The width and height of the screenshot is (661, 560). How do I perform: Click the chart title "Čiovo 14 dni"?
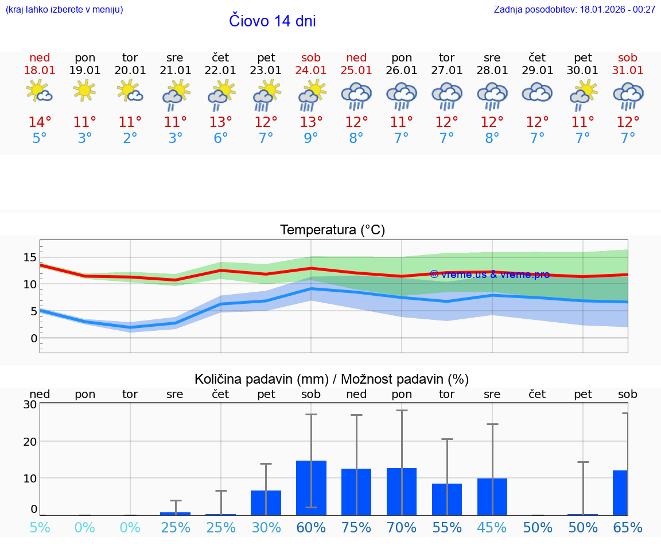click(x=272, y=21)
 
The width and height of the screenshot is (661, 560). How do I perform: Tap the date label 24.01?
click(x=311, y=71)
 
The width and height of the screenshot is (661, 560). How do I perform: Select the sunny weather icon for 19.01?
click(x=84, y=91)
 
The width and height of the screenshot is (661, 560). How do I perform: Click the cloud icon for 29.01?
click(x=537, y=92)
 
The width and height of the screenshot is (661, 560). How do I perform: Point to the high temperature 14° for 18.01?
click(x=40, y=122)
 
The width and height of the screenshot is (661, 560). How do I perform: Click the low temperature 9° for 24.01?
click(x=311, y=138)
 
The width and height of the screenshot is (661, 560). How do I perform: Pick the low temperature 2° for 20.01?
click(x=130, y=138)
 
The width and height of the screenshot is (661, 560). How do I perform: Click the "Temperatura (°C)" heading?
click(x=332, y=230)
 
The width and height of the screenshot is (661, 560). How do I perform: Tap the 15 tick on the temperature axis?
click(x=30, y=257)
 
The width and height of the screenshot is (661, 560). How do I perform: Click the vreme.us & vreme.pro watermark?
click(x=489, y=275)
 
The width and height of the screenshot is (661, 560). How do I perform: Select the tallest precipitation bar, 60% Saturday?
click(x=311, y=488)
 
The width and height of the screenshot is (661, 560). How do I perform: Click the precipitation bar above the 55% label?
click(x=447, y=499)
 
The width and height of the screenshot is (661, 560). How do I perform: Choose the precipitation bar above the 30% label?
click(x=266, y=503)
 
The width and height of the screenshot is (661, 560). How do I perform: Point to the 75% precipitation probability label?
click(x=356, y=528)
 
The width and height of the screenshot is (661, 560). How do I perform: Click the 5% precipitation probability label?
click(x=40, y=528)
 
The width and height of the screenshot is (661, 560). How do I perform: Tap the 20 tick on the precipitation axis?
click(x=30, y=441)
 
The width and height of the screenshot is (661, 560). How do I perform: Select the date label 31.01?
click(x=628, y=71)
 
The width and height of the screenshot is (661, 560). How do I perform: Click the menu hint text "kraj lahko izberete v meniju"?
click(x=64, y=10)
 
